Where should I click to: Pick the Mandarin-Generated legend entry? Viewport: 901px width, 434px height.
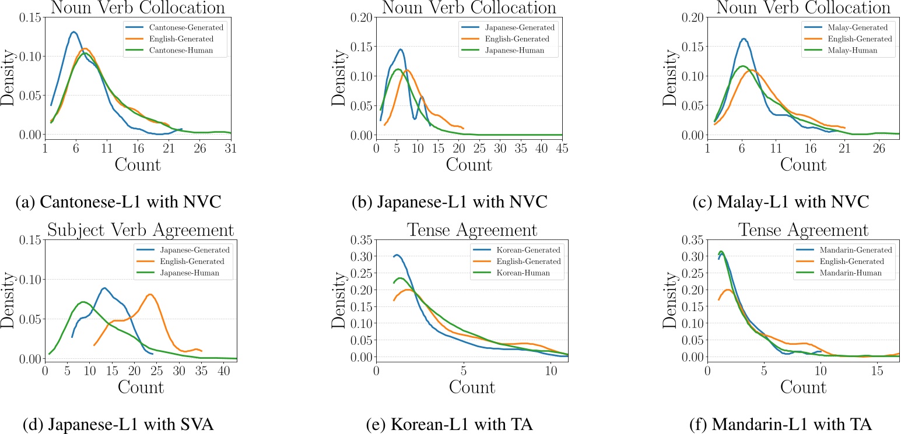[x=844, y=250]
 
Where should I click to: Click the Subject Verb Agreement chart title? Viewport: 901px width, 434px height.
[x=140, y=230]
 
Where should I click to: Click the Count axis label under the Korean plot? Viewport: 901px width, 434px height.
[x=472, y=387]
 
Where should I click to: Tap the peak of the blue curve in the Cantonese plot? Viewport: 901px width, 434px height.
[x=74, y=32]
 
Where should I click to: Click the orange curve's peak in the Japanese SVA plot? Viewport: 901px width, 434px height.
[x=150, y=294]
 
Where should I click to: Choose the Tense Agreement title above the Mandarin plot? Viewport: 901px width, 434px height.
[x=803, y=230]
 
